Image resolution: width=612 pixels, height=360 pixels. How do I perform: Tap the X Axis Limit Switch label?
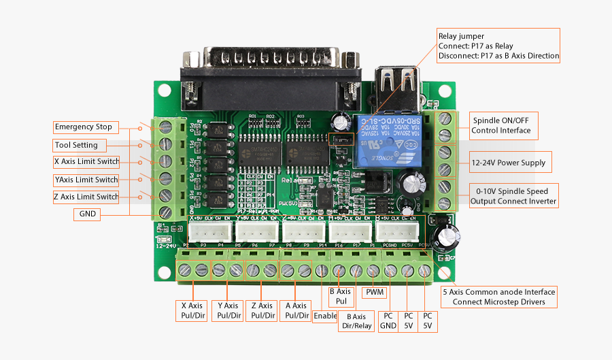pyautogui.click(x=86, y=162)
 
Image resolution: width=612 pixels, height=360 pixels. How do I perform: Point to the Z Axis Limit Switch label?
pyautogui.click(x=86, y=197)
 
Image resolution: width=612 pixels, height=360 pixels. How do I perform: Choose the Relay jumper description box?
pyautogui.click(x=498, y=46)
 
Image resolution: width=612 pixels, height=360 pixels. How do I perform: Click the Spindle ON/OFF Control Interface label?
pyautogui.click(x=501, y=125)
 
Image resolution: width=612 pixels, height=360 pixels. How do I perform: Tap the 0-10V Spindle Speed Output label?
pyautogui.click(x=513, y=196)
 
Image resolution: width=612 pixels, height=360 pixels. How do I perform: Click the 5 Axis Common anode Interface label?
pyautogui.click(x=499, y=297)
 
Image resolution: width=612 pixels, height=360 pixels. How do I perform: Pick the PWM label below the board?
pyautogui.click(x=375, y=293)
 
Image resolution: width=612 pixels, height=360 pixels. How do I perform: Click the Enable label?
pyautogui.click(x=325, y=316)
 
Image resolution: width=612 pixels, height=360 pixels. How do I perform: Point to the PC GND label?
pyautogui.click(x=388, y=321)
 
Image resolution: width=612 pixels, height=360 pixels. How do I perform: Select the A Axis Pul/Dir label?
pyautogui.click(x=296, y=310)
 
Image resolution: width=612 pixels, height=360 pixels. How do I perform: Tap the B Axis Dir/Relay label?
pyautogui.click(x=356, y=321)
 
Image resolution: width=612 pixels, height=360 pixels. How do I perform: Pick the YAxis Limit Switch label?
pyautogui.click(x=86, y=180)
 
